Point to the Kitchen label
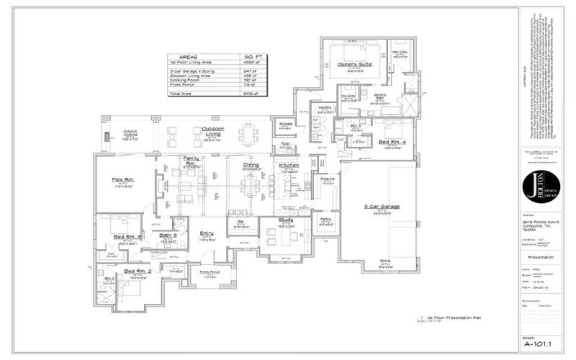(289, 166)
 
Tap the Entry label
(207, 233)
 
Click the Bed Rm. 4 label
(392, 143)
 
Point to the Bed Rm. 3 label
(127, 237)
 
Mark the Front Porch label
(210, 272)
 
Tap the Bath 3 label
(168, 235)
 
